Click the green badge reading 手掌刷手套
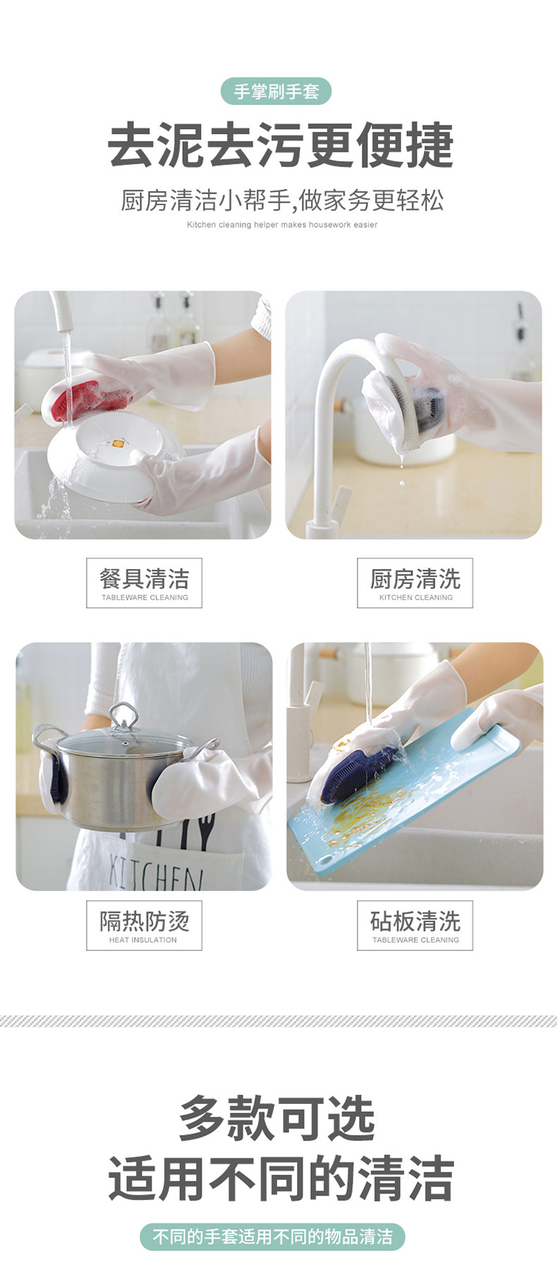(x=276, y=92)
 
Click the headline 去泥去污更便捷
(x=280, y=146)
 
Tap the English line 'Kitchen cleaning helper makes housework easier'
(x=281, y=225)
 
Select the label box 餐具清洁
(x=144, y=583)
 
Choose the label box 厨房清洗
(x=415, y=583)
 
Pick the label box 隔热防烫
(x=144, y=925)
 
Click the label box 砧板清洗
(x=415, y=925)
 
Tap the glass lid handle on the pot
(x=124, y=716)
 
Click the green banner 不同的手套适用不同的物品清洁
(x=273, y=1237)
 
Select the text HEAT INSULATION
(x=143, y=940)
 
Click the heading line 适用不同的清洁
(x=280, y=1178)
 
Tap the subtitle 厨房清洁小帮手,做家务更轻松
(x=281, y=200)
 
